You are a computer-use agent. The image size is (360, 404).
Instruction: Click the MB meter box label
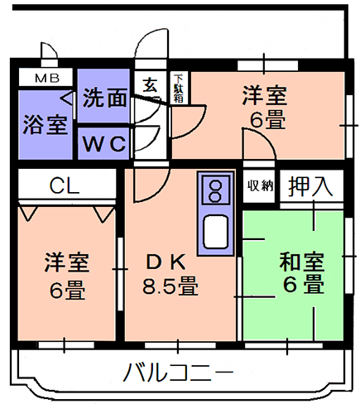click(47, 79)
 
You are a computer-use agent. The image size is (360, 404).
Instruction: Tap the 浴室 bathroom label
click(46, 124)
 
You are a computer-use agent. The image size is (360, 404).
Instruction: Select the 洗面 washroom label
click(105, 98)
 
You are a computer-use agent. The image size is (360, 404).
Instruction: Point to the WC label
click(104, 143)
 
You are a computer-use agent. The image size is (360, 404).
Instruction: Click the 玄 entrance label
click(151, 85)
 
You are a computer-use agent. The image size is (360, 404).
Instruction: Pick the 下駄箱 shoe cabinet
click(179, 88)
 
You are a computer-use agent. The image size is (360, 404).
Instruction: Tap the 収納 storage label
click(260, 185)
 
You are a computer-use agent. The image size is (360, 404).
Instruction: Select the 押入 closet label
click(310, 185)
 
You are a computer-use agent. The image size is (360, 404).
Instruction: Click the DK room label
click(166, 262)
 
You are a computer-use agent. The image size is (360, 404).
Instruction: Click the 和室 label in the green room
click(302, 262)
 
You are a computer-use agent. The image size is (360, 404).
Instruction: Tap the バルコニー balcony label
click(179, 372)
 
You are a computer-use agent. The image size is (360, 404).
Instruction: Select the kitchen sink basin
click(216, 232)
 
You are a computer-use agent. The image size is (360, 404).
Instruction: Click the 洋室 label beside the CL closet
click(67, 262)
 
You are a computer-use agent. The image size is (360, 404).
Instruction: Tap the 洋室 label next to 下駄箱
click(265, 96)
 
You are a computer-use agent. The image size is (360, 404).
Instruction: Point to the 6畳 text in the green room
click(304, 284)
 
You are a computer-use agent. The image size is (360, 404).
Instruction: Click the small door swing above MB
click(49, 52)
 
